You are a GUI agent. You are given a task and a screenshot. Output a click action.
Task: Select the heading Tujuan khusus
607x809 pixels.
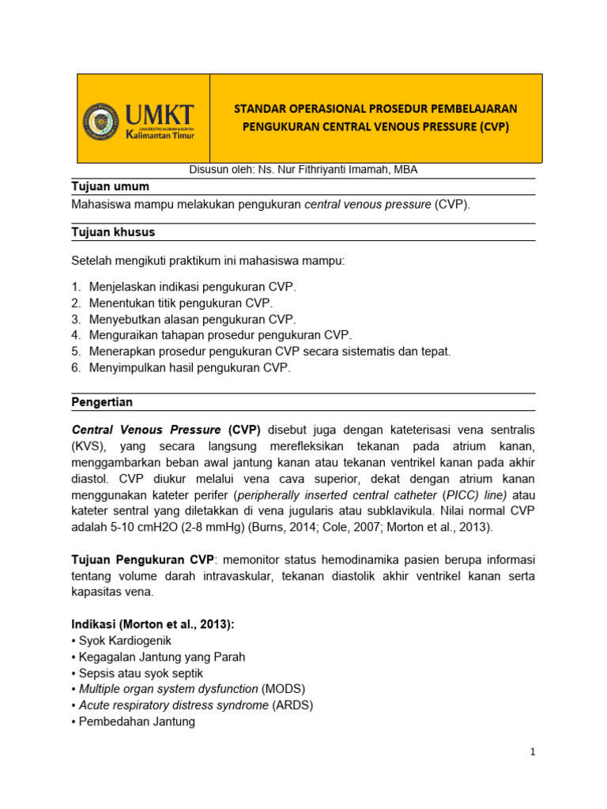pos(113,232)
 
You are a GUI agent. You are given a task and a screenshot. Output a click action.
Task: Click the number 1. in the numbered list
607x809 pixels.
pos(76,286)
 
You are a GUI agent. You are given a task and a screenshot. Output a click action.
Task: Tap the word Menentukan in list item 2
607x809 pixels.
pos(119,303)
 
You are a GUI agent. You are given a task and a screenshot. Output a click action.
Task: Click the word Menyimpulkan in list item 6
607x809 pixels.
pos(124,367)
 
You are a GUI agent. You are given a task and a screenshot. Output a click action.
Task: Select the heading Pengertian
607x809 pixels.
pos(102,402)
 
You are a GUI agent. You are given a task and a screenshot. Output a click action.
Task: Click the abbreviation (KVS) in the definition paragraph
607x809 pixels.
pos(88,446)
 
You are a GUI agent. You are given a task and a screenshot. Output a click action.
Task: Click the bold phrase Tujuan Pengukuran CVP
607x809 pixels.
pos(142,559)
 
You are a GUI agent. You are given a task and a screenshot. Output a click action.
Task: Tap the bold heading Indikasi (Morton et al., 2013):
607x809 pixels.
pos(153,624)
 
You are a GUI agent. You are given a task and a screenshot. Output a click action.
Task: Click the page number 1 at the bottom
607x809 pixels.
pos(533,752)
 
